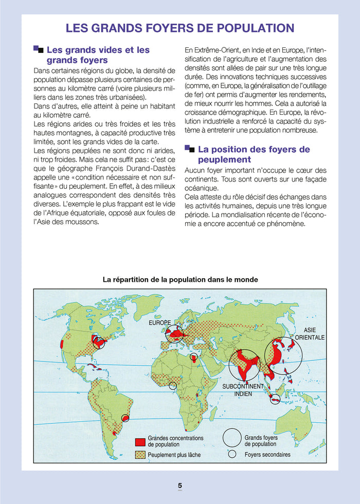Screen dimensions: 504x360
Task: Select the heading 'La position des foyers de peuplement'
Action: click(254, 154)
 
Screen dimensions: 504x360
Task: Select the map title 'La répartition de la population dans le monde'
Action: click(180, 280)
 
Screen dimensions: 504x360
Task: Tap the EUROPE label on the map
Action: click(159, 323)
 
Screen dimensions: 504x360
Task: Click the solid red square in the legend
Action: click(139, 442)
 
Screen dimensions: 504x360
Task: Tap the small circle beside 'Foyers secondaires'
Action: click(232, 454)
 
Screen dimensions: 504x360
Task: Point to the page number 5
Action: click(180, 485)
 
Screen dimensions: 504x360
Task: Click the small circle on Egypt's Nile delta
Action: click(193, 357)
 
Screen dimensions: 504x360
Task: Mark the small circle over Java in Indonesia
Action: click(275, 399)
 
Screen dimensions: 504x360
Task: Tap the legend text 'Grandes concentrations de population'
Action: click(175, 441)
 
